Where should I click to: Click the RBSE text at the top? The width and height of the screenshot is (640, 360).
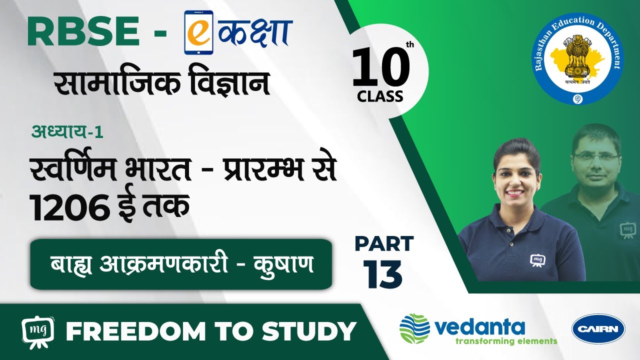83,31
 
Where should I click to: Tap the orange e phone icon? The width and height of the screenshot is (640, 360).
199,32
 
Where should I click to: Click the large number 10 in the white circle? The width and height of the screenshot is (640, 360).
381,67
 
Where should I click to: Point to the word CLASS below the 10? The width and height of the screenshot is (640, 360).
380,96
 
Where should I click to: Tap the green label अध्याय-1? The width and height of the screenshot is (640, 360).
67,132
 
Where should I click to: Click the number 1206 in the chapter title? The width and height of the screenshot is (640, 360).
70,207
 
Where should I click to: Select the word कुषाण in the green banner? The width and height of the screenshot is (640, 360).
283,264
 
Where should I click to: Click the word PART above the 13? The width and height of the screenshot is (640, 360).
384,243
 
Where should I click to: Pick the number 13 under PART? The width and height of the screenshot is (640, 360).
383,273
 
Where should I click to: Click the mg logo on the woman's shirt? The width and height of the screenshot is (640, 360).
537,259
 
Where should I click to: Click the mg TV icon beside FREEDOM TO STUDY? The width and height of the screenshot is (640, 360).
37,332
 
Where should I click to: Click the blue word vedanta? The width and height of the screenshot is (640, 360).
479,327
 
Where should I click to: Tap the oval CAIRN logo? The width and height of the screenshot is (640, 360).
598,329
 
